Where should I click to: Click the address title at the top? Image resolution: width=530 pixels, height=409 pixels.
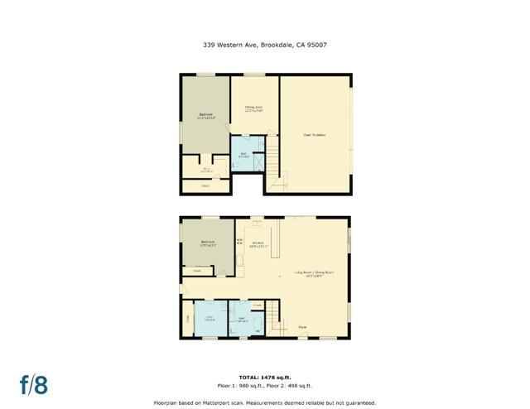[265, 46]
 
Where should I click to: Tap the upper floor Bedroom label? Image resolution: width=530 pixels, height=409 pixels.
[205, 116]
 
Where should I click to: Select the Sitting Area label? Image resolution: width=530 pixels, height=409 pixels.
[253, 108]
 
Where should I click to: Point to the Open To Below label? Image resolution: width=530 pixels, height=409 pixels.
[314, 135]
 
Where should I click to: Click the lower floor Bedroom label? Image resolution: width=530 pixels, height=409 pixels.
[207, 243]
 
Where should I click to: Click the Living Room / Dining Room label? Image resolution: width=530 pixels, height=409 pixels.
[313, 273]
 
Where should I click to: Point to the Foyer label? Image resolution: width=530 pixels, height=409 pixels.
[302, 327]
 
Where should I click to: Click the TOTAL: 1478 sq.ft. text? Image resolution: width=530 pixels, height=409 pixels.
[265, 377]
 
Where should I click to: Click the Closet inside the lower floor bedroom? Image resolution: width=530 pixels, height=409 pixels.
[197, 271]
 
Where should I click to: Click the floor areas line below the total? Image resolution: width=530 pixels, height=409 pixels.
[265, 386]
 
